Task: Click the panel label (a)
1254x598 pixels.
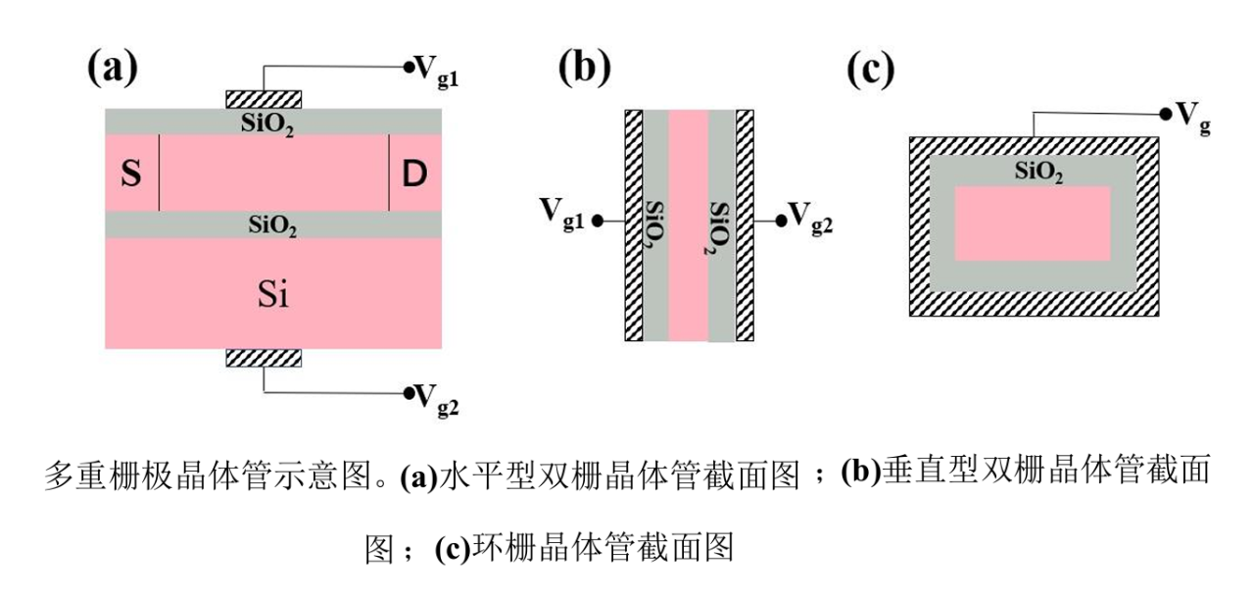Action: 113,68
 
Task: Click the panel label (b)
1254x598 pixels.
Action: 585,68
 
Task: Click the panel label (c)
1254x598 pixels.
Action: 871,70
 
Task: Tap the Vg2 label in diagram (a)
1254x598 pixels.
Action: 437,400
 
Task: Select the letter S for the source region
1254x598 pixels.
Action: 131,173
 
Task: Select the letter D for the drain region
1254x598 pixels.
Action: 414,173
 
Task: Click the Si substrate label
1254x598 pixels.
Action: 273,293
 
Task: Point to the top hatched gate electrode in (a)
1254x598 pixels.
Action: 264,100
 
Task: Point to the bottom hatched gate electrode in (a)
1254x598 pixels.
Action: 264,358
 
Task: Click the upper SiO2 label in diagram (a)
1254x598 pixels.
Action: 267,124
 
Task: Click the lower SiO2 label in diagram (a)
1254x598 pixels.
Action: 272,225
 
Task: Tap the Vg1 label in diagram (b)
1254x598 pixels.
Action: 561,215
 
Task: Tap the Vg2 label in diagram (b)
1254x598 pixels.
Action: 810,218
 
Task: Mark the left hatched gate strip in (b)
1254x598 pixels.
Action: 634,225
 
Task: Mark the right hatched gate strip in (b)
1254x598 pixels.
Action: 745,225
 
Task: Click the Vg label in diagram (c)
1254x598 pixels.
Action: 1193,119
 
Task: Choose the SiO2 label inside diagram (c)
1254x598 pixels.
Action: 1039,172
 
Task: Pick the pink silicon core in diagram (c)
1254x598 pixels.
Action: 1033,224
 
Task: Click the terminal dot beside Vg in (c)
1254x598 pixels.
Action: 1166,115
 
